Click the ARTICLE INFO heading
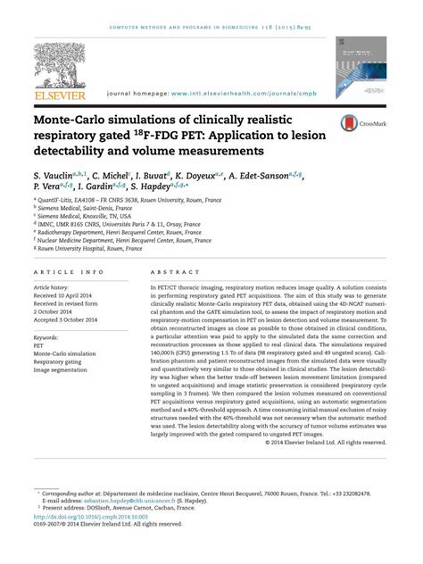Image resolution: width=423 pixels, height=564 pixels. pos(68,271)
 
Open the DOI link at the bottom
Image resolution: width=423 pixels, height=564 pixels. pos(92,517)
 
